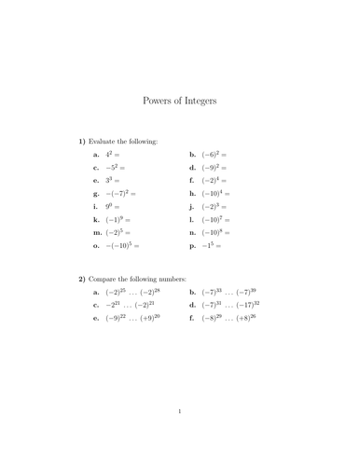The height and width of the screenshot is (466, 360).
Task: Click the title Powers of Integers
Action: [x=180, y=101]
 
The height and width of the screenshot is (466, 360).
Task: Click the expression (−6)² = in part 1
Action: [x=215, y=154]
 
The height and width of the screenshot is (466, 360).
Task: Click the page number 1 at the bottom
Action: [x=180, y=435]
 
